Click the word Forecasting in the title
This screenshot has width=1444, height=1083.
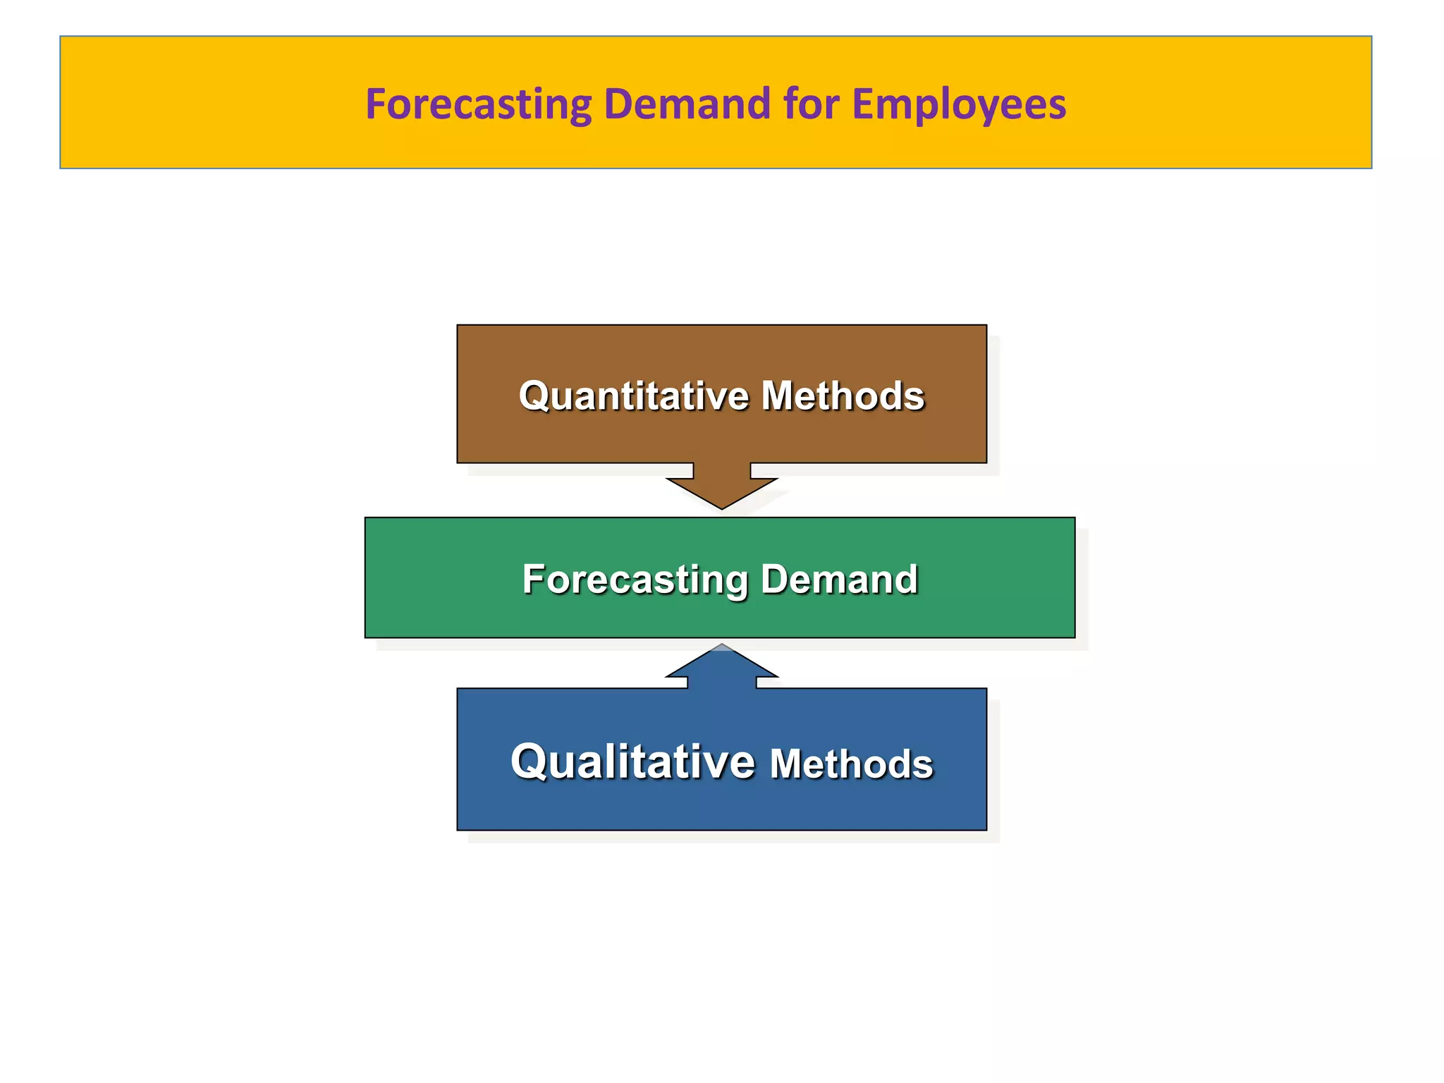click(478, 104)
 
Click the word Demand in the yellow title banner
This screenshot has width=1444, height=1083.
click(687, 104)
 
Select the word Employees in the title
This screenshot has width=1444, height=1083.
click(959, 104)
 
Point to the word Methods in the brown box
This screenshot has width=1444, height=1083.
click(843, 396)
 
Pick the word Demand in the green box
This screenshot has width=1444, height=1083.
click(839, 580)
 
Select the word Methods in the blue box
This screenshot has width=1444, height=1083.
click(851, 764)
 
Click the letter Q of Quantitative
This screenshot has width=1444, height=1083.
click(534, 396)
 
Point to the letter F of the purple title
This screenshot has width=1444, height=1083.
click(375, 104)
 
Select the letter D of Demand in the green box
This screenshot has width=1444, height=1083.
click(776, 580)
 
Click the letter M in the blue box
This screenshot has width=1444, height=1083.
click(787, 764)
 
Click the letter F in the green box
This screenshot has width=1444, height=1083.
click(534, 580)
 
